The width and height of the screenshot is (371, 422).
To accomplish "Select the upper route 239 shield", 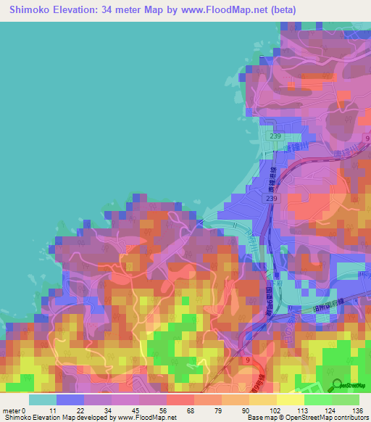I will pyautogui.click(x=275, y=136).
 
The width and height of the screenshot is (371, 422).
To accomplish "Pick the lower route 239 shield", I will pyautogui.click(x=270, y=198).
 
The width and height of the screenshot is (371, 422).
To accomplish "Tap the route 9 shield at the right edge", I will pyautogui.click(x=367, y=138).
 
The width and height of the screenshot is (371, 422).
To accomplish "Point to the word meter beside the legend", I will pyautogui.click(x=11, y=410).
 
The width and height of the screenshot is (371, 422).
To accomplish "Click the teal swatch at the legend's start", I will pyautogui.click(x=43, y=400).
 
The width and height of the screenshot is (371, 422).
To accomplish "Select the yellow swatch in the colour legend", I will pyautogui.click(x=289, y=400).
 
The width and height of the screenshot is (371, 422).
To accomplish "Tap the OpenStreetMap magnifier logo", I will pyautogui.click(x=337, y=385).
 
